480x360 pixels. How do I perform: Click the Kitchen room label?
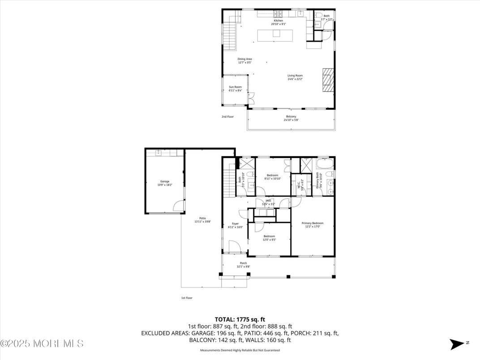[279, 21]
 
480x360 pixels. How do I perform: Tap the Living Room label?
[295, 76]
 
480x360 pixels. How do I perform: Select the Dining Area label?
[244, 59]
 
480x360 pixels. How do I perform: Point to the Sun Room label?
[235, 87]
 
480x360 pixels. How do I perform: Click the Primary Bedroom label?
[312, 223]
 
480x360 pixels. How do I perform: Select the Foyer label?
[235, 223]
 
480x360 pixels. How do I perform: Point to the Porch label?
[243, 263]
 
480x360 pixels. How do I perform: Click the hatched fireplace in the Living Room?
[328, 80]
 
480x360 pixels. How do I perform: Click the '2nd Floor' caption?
[227, 117]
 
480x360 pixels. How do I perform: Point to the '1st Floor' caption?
[187, 298]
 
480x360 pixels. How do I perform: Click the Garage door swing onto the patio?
[179, 206]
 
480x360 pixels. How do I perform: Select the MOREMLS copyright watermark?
[42, 343]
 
